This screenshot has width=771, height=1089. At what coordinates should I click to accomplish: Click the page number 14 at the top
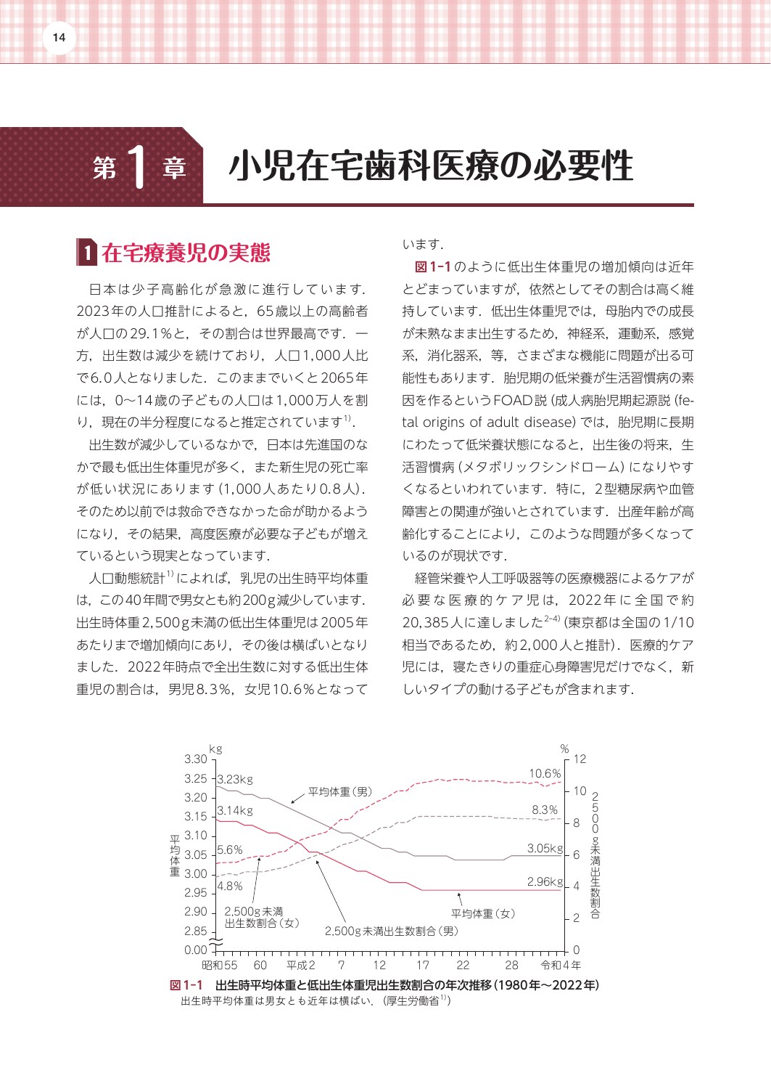point(59,39)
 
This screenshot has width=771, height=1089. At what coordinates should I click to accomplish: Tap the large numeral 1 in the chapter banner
point(138,168)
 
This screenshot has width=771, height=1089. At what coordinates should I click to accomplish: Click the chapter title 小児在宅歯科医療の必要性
point(431,167)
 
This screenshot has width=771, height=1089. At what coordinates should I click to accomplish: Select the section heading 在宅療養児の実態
point(186,253)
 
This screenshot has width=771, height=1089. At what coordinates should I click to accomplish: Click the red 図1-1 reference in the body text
point(432,267)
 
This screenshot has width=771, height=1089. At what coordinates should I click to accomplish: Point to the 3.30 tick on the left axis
point(196,759)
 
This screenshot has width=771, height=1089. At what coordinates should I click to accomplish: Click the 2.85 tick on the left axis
point(196,931)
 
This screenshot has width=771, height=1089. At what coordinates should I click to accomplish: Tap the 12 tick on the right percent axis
point(580,759)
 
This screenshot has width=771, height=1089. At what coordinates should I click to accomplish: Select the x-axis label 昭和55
point(220,966)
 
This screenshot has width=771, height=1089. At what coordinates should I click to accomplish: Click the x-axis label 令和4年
point(561,966)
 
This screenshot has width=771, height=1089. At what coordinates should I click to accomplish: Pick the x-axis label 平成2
point(301,966)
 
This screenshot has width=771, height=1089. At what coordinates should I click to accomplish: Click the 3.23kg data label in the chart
point(235,780)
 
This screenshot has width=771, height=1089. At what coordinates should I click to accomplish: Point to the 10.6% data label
point(545,774)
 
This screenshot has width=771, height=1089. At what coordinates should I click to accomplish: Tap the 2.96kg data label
point(545,882)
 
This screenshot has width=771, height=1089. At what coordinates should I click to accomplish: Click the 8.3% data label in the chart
point(545,810)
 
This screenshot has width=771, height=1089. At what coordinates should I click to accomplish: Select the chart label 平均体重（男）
point(340,792)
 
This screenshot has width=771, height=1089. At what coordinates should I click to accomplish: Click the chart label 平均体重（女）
point(483,913)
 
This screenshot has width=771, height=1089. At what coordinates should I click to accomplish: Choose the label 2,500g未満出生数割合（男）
point(392,931)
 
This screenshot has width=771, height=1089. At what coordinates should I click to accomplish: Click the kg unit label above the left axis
point(215,749)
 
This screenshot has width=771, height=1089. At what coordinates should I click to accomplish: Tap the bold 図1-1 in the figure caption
point(186,985)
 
